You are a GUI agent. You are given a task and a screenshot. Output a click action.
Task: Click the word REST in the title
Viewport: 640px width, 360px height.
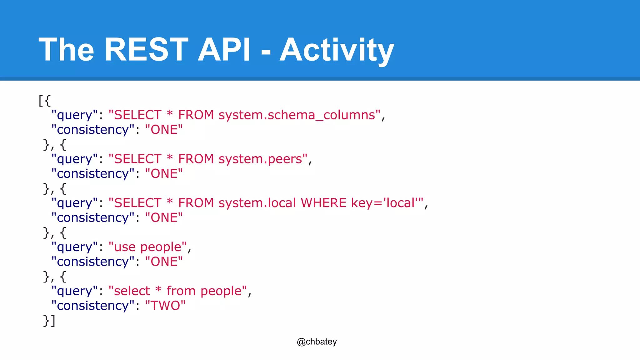[x=146, y=49]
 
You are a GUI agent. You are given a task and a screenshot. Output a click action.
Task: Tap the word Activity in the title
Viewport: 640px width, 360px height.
[x=337, y=50]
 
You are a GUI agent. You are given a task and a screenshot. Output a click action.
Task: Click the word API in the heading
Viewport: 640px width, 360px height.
[x=224, y=49]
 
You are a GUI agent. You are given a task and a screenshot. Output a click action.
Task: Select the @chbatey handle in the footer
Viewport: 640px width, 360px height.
[x=317, y=342]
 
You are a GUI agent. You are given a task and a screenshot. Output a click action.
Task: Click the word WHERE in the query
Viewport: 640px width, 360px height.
[x=323, y=203]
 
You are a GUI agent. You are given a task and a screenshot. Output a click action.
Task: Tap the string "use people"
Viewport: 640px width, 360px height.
[x=147, y=247]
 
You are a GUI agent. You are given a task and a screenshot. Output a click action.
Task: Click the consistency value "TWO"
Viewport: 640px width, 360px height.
[x=165, y=306]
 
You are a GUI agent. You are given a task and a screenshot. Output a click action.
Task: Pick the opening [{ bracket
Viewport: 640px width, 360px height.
[x=44, y=101]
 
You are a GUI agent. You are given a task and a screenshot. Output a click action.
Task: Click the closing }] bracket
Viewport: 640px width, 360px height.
[x=49, y=321]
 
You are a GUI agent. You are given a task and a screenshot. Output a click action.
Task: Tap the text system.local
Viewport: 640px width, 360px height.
[x=257, y=203]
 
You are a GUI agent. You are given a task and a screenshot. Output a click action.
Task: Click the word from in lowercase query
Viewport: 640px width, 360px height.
[x=181, y=291]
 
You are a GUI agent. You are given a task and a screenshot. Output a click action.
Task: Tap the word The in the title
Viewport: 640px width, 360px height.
[x=66, y=49]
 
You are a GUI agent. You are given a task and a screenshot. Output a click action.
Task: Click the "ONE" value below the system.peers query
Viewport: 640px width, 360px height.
[x=164, y=174]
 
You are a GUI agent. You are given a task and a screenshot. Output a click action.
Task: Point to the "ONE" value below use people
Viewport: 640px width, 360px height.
[x=164, y=262]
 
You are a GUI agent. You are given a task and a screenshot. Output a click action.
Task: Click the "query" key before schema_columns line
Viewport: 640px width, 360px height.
[x=74, y=115]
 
